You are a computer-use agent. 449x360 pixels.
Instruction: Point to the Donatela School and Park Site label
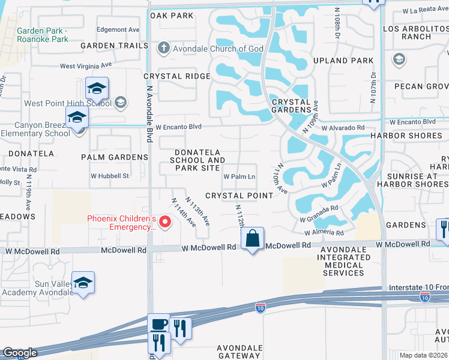[197, 160]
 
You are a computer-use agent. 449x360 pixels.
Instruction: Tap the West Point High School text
[68, 103]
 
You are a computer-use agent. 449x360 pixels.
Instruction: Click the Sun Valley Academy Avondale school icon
[83, 282]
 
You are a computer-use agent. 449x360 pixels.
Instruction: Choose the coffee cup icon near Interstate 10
[158, 324]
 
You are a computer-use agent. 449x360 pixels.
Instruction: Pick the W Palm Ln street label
[240, 177]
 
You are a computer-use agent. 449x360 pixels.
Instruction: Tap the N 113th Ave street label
[197, 211]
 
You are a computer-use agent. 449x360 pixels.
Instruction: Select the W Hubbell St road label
[110, 176]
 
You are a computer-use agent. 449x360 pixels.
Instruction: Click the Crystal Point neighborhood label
[240, 196]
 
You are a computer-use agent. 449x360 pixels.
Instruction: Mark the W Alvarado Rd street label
[343, 128]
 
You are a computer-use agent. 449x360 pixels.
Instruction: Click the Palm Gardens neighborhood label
[114, 157]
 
